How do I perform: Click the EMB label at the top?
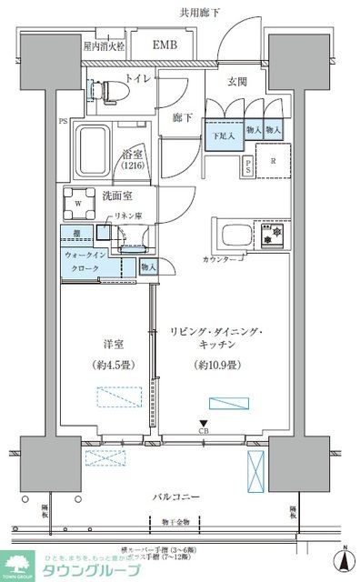point(164,45)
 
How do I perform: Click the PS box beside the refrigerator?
point(248,166)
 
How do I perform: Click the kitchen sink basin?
point(230,236)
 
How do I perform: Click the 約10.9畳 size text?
point(215,365)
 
